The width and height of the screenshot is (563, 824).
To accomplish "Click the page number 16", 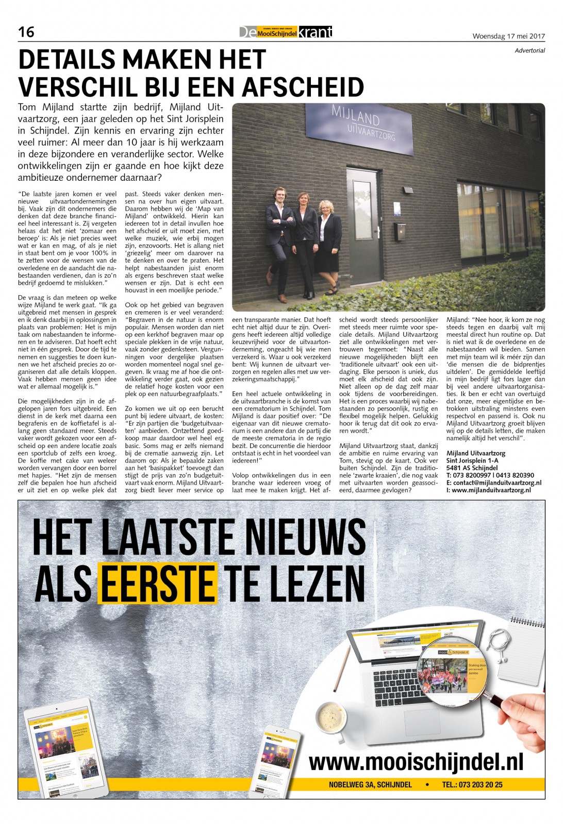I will [x=26, y=32].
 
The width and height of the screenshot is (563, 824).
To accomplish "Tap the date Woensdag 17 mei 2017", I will [x=508, y=36].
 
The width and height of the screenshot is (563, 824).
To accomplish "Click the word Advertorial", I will [x=529, y=50].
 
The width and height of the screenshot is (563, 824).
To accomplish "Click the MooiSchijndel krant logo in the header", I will [x=286, y=32].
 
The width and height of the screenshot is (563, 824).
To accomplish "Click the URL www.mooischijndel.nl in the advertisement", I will [x=416, y=761].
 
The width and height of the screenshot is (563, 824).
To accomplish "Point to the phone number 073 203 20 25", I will [x=479, y=784].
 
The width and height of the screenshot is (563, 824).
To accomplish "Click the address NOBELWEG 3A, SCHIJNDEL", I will [x=370, y=784].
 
